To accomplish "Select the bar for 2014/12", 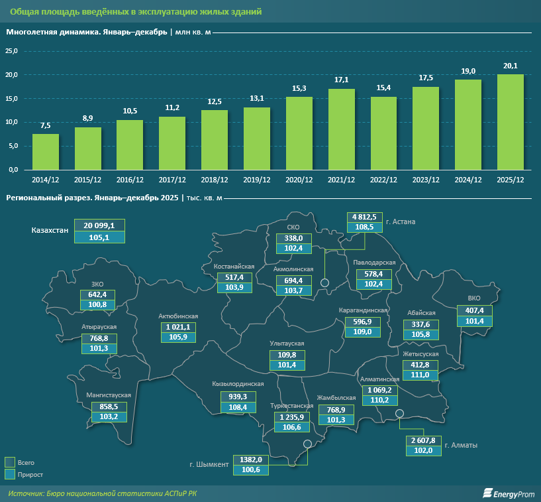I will tap(46, 152).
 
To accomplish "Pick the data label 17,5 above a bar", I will tap(426, 78).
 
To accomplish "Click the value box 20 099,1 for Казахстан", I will tap(99, 225).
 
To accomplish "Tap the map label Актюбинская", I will tap(178, 316).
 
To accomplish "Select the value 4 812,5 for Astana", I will tap(364, 217).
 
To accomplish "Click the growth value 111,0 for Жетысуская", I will tap(420, 375).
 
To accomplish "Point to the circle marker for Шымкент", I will tap(307, 445).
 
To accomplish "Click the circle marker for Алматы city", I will tap(399, 414).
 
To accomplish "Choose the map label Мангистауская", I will tap(104, 395).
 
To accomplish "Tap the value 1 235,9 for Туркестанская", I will tap(291, 416).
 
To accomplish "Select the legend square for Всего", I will tap(10, 462).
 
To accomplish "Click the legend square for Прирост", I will tap(10, 474).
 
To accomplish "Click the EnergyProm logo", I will tap(507, 493).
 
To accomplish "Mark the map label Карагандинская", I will tap(363, 310).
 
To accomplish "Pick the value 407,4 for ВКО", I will tap(475, 310).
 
